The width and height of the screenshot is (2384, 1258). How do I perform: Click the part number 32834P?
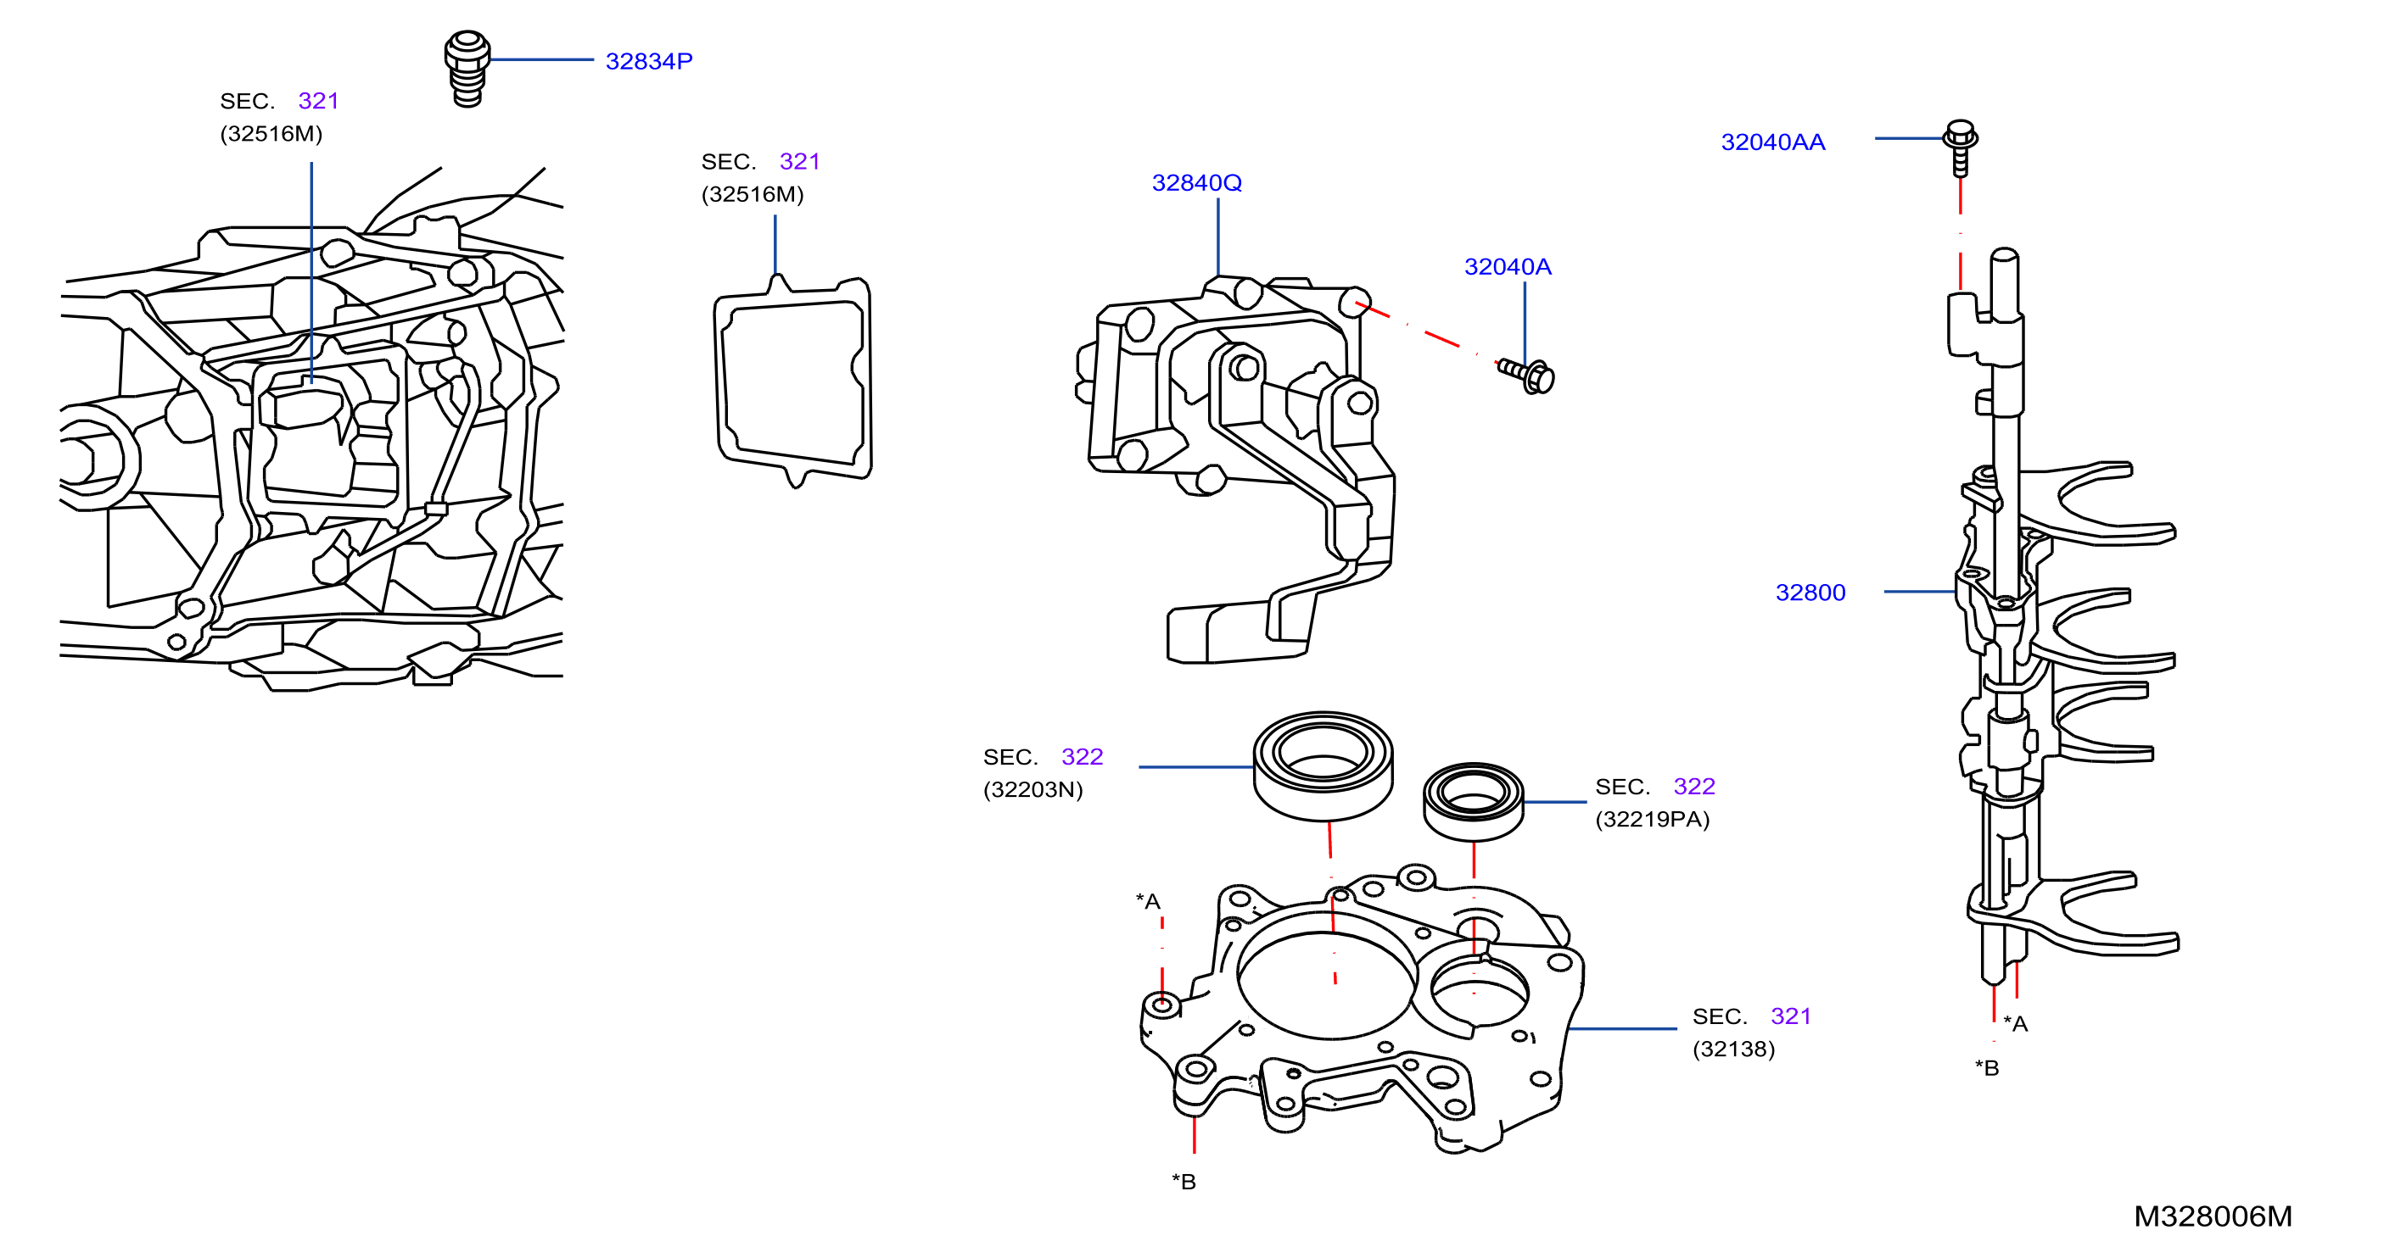(x=649, y=61)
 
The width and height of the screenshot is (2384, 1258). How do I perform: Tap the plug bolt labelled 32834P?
(x=467, y=70)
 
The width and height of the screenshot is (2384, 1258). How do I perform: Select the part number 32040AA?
(x=1772, y=142)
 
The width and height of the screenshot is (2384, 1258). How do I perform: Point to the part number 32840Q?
(x=1196, y=182)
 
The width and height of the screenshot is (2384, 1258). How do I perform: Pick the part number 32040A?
(x=1508, y=266)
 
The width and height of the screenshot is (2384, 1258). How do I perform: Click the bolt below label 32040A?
(x=1526, y=376)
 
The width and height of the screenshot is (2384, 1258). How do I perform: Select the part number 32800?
(x=1810, y=592)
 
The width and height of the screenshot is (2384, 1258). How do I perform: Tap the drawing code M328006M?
(x=2213, y=1216)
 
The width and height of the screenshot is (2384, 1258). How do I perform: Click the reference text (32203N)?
(x=1033, y=789)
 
